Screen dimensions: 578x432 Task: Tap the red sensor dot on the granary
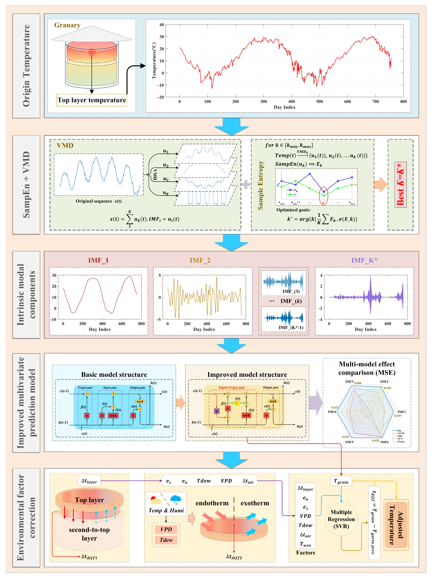[92, 52]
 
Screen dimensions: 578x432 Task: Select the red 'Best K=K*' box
[400, 184]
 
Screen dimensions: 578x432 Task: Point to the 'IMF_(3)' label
[291, 291]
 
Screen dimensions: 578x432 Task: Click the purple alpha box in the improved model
[217, 411]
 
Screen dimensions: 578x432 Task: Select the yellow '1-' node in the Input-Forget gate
[237, 403]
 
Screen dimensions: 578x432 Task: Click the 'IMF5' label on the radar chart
[349, 442]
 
